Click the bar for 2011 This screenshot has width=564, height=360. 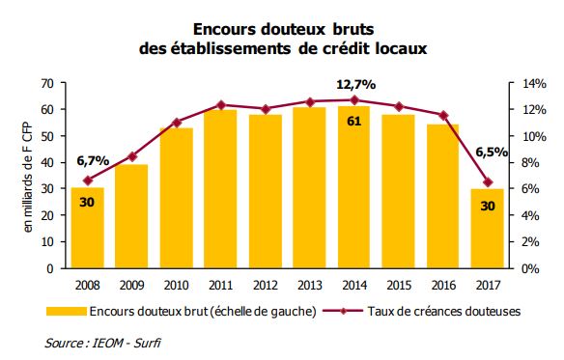click(x=220, y=189)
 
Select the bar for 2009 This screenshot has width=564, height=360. click(x=131, y=216)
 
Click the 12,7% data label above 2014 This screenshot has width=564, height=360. click(x=355, y=85)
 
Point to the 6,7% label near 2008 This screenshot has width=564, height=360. click(x=92, y=159)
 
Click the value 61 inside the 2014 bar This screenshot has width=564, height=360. click(x=354, y=121)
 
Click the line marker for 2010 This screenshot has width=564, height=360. click(x=176, y=123)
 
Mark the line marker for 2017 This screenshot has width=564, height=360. click(x=488, y=182)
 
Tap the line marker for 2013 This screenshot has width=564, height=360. click(x=310, y=101)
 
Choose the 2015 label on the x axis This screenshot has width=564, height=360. click(x=399, y=284)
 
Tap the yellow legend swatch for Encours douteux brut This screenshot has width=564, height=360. click(x=64, y=312)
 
